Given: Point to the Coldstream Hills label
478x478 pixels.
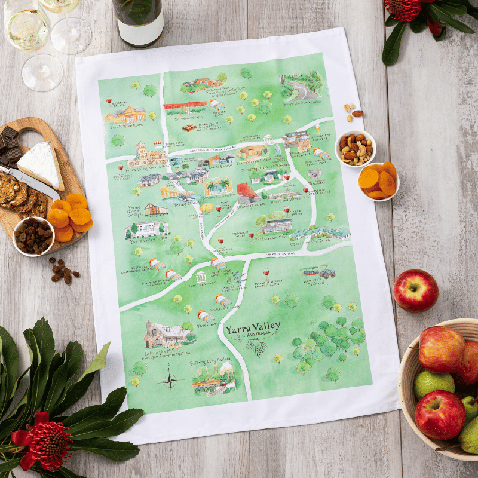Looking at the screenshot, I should pyautogui.click(x=272, y=237).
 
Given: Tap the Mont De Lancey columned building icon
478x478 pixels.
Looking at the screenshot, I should pyautogui.click(x=201, y=277).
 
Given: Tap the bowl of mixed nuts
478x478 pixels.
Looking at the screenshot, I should pyautogui.click(x=355, y=148).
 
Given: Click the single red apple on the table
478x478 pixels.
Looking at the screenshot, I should pyautogui.click(x=415, y=290).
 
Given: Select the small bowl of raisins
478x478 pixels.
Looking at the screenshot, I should pyautogui.click(x=33, y=235).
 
